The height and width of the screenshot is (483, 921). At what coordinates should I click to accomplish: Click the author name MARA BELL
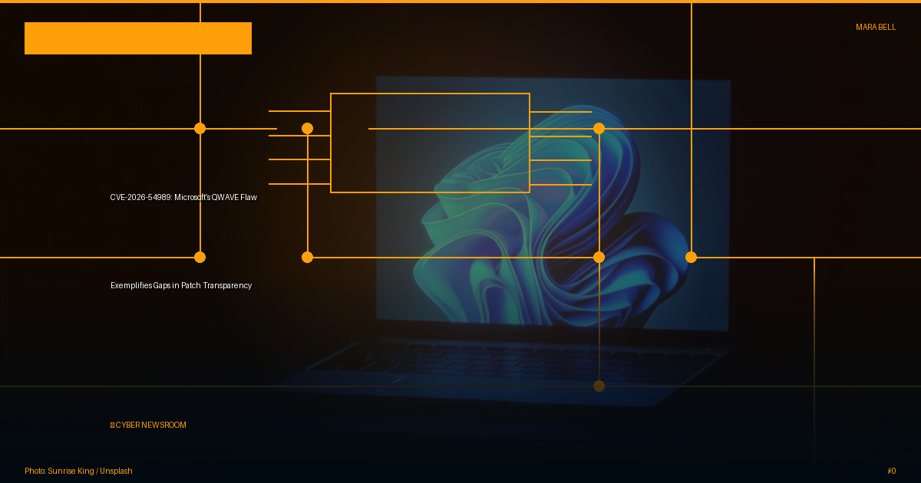(876, 27)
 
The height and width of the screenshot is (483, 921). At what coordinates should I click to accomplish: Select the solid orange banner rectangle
(138, 38)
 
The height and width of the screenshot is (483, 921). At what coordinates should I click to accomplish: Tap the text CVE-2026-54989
(140, 197)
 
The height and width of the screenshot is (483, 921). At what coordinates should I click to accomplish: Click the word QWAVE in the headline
(225, 197)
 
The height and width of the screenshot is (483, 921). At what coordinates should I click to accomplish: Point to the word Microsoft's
(192, 197)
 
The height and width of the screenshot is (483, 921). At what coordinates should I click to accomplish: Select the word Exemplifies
(131, 285)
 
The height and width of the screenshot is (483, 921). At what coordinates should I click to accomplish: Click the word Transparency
(227, 285)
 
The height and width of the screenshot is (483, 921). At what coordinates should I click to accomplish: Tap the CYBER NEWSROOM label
(148, 425)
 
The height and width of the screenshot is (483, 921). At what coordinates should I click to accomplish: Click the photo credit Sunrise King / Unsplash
(90, 471)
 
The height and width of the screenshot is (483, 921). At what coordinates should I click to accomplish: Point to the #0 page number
(891, 471)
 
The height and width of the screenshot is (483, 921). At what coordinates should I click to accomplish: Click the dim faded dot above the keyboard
(599, 386)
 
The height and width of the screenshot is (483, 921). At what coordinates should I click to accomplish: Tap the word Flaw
(249, 197)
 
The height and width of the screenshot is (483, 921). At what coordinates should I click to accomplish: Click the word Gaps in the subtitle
(162, 285)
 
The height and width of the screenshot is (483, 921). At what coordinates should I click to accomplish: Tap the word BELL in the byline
(887, 27)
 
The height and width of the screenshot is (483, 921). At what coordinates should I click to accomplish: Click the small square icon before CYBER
(112, 425)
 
